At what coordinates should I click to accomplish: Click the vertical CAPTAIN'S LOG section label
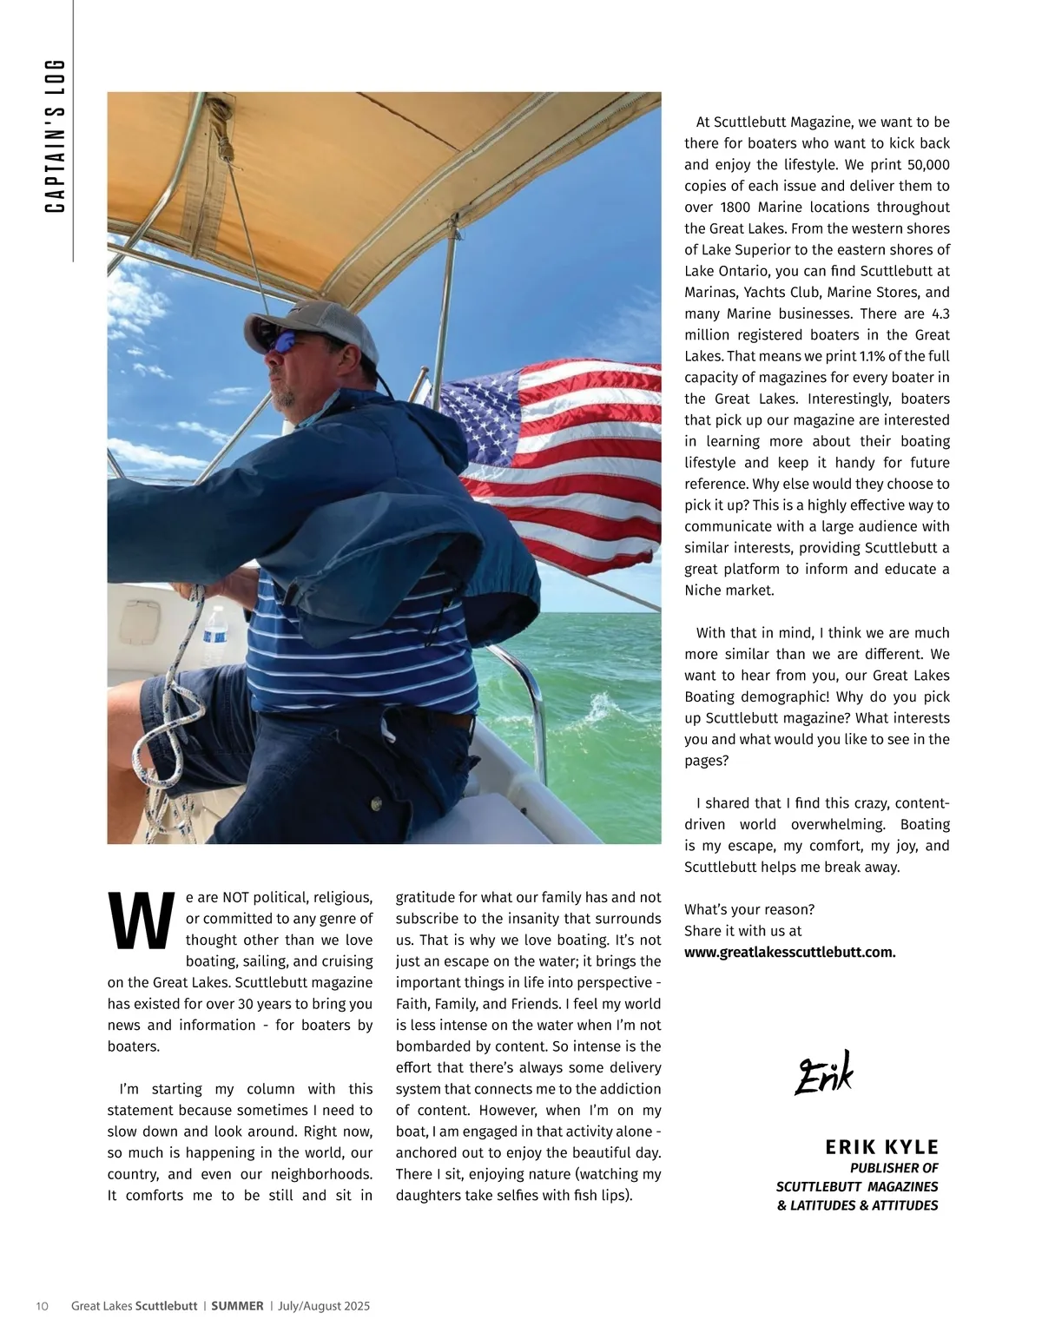pos(56,136)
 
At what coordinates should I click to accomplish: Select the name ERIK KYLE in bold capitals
pos(881,1147)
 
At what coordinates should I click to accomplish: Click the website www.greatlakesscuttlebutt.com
pos(789,952)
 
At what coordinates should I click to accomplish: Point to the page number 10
pos(42,1306)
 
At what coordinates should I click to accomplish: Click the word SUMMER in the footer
pos(237,1306)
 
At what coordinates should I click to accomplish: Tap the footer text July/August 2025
pos(324,1306)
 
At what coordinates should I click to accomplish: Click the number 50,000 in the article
pos(928,165)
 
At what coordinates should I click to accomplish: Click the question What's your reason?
pos(749,909)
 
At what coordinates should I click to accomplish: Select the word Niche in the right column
pos(702,591)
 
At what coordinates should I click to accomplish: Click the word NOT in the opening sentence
pos(236,897)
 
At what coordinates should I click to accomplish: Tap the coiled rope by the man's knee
pos(161,747)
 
